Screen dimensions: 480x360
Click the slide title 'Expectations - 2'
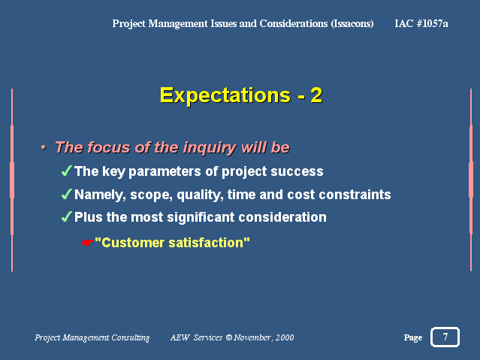[x=241, y=95]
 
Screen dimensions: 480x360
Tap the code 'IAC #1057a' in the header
[x=421, y=23]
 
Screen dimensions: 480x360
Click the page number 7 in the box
[x=445, y=337]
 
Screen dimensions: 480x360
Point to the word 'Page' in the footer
[x=413, y=337]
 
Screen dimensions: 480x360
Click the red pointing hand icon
[x=88, y=243]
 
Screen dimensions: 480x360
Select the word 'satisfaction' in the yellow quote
[x=206, y=243]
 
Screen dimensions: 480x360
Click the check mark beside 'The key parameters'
[x=66, y=171]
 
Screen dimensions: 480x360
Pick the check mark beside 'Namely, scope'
[x=66, y=194]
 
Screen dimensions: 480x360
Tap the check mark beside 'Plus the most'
[x=66, y=216]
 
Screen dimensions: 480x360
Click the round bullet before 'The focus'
[x=44, y=147]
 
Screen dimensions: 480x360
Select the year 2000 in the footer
[x=285, y=337]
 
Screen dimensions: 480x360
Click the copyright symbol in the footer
[x=229, y=337]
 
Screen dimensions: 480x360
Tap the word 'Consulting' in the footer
[x=131, y=337]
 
